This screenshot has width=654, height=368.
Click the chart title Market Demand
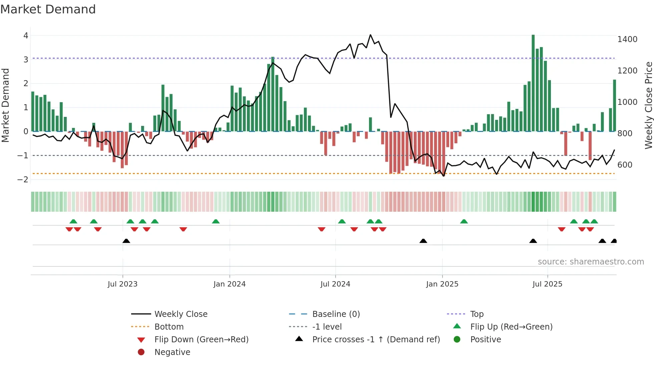tap(48, 9)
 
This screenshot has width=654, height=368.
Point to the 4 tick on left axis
tap(26, 35)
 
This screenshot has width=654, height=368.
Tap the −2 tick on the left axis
tap(23, 180)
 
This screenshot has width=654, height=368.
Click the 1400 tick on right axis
tap(627, 39)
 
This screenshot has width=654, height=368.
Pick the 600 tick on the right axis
tap(625, 165)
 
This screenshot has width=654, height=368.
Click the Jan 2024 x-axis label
tap(230, 284)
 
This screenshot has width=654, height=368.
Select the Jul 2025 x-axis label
tap(547, 284)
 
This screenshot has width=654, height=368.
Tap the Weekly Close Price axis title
tap(648, 105)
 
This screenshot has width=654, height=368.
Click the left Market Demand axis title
tap(6, 105)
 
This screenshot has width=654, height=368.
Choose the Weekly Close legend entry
tap(181, 314)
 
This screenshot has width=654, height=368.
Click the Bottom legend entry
tap(169, 327)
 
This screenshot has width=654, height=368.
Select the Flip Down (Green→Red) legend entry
tap(201, 340)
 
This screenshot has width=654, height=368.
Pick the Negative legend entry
tap(172, 352)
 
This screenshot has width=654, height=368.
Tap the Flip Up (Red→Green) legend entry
tap(511, 327)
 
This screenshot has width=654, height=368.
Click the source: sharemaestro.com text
tap(591, 262)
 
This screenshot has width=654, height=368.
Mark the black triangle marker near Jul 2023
tap(126, 241)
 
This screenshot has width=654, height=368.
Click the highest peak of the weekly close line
tap(370, 35)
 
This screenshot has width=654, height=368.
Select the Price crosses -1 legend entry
tap(376, 340)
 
